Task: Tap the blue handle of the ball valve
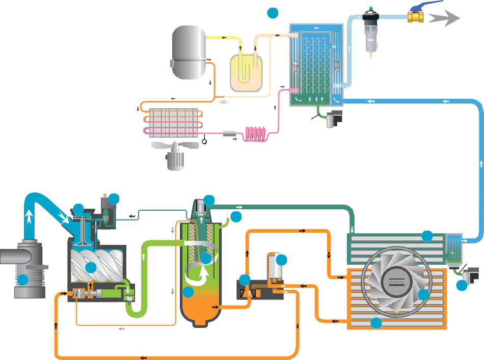tap(431, 6)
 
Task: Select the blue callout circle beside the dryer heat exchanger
tap(273, 13)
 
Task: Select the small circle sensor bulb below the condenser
tap(205, 141)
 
